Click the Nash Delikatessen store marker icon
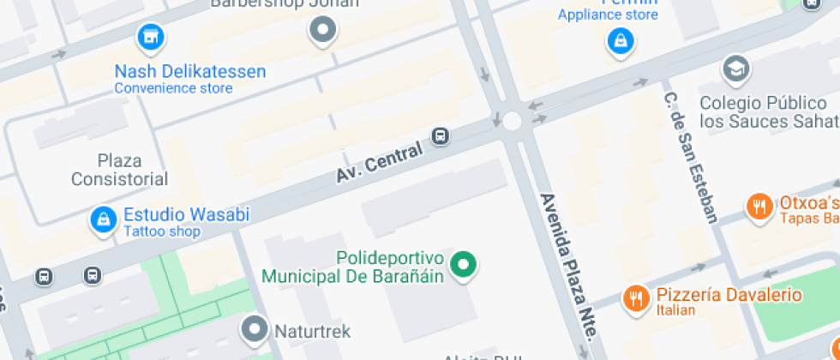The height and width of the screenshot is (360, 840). click(x=151, y=37)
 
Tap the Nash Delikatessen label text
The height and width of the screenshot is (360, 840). click(x=190, y=72)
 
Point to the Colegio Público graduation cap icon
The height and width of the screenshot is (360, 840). click(x=735, y=69)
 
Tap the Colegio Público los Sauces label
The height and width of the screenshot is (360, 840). click(x=766, y=112)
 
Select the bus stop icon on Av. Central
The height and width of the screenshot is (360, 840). click(x=441, y=135)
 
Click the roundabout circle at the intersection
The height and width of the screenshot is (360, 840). click(x=512, y=121)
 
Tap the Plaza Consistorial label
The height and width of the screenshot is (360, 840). click(x=119, y=170)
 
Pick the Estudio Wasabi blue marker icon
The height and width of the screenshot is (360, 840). click(x=103, y=219)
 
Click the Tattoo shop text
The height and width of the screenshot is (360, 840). click(x=162, y=231)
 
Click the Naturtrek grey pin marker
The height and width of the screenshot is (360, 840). click(x=255, y=327)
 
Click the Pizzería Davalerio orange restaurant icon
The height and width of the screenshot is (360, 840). click(x=635, y=297)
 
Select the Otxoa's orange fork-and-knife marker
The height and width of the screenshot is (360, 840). click(x=758, y=207)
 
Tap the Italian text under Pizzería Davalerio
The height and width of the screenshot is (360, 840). click(x=675, y=310)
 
